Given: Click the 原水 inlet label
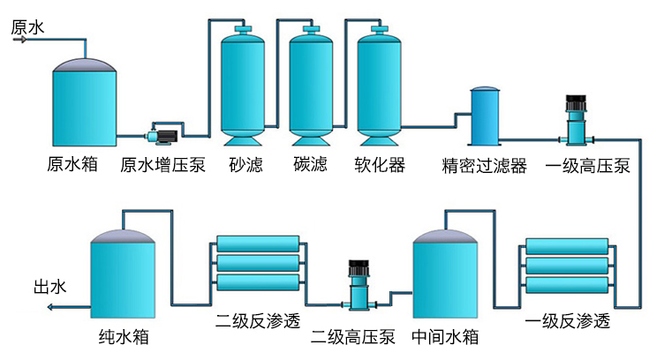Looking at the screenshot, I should [x=27, y=27].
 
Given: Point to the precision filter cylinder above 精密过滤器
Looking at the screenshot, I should [x=484, y=117].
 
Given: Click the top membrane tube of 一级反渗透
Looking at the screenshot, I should [x=566, y=245].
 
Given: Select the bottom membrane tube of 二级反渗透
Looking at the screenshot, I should [x=259, y=283].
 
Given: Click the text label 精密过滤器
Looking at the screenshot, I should [x=484, y=165].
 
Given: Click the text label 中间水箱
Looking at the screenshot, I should [x=445, y=337].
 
